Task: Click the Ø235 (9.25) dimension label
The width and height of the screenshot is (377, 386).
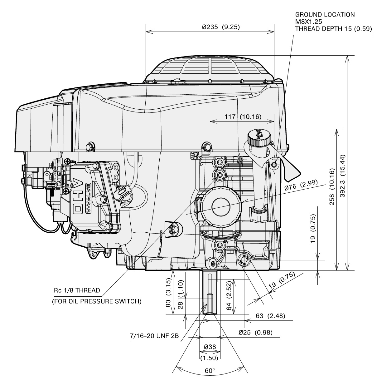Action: (x=221, y=27)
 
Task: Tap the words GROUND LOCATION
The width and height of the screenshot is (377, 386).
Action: (x=325, y=14)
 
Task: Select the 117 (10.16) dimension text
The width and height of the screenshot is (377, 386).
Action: (x=243, y=116)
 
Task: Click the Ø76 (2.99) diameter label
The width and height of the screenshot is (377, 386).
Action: (x=301, y=186)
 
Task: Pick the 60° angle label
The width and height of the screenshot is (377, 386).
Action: (x=210, y=370)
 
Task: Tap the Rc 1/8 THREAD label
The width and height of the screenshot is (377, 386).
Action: (x=77, y=290)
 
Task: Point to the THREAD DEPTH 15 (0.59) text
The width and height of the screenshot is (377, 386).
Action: (x=334, y=28)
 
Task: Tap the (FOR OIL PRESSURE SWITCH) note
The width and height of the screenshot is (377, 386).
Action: (x=97, y=301)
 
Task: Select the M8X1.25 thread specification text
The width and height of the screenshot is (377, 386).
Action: (x=308, y=22)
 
